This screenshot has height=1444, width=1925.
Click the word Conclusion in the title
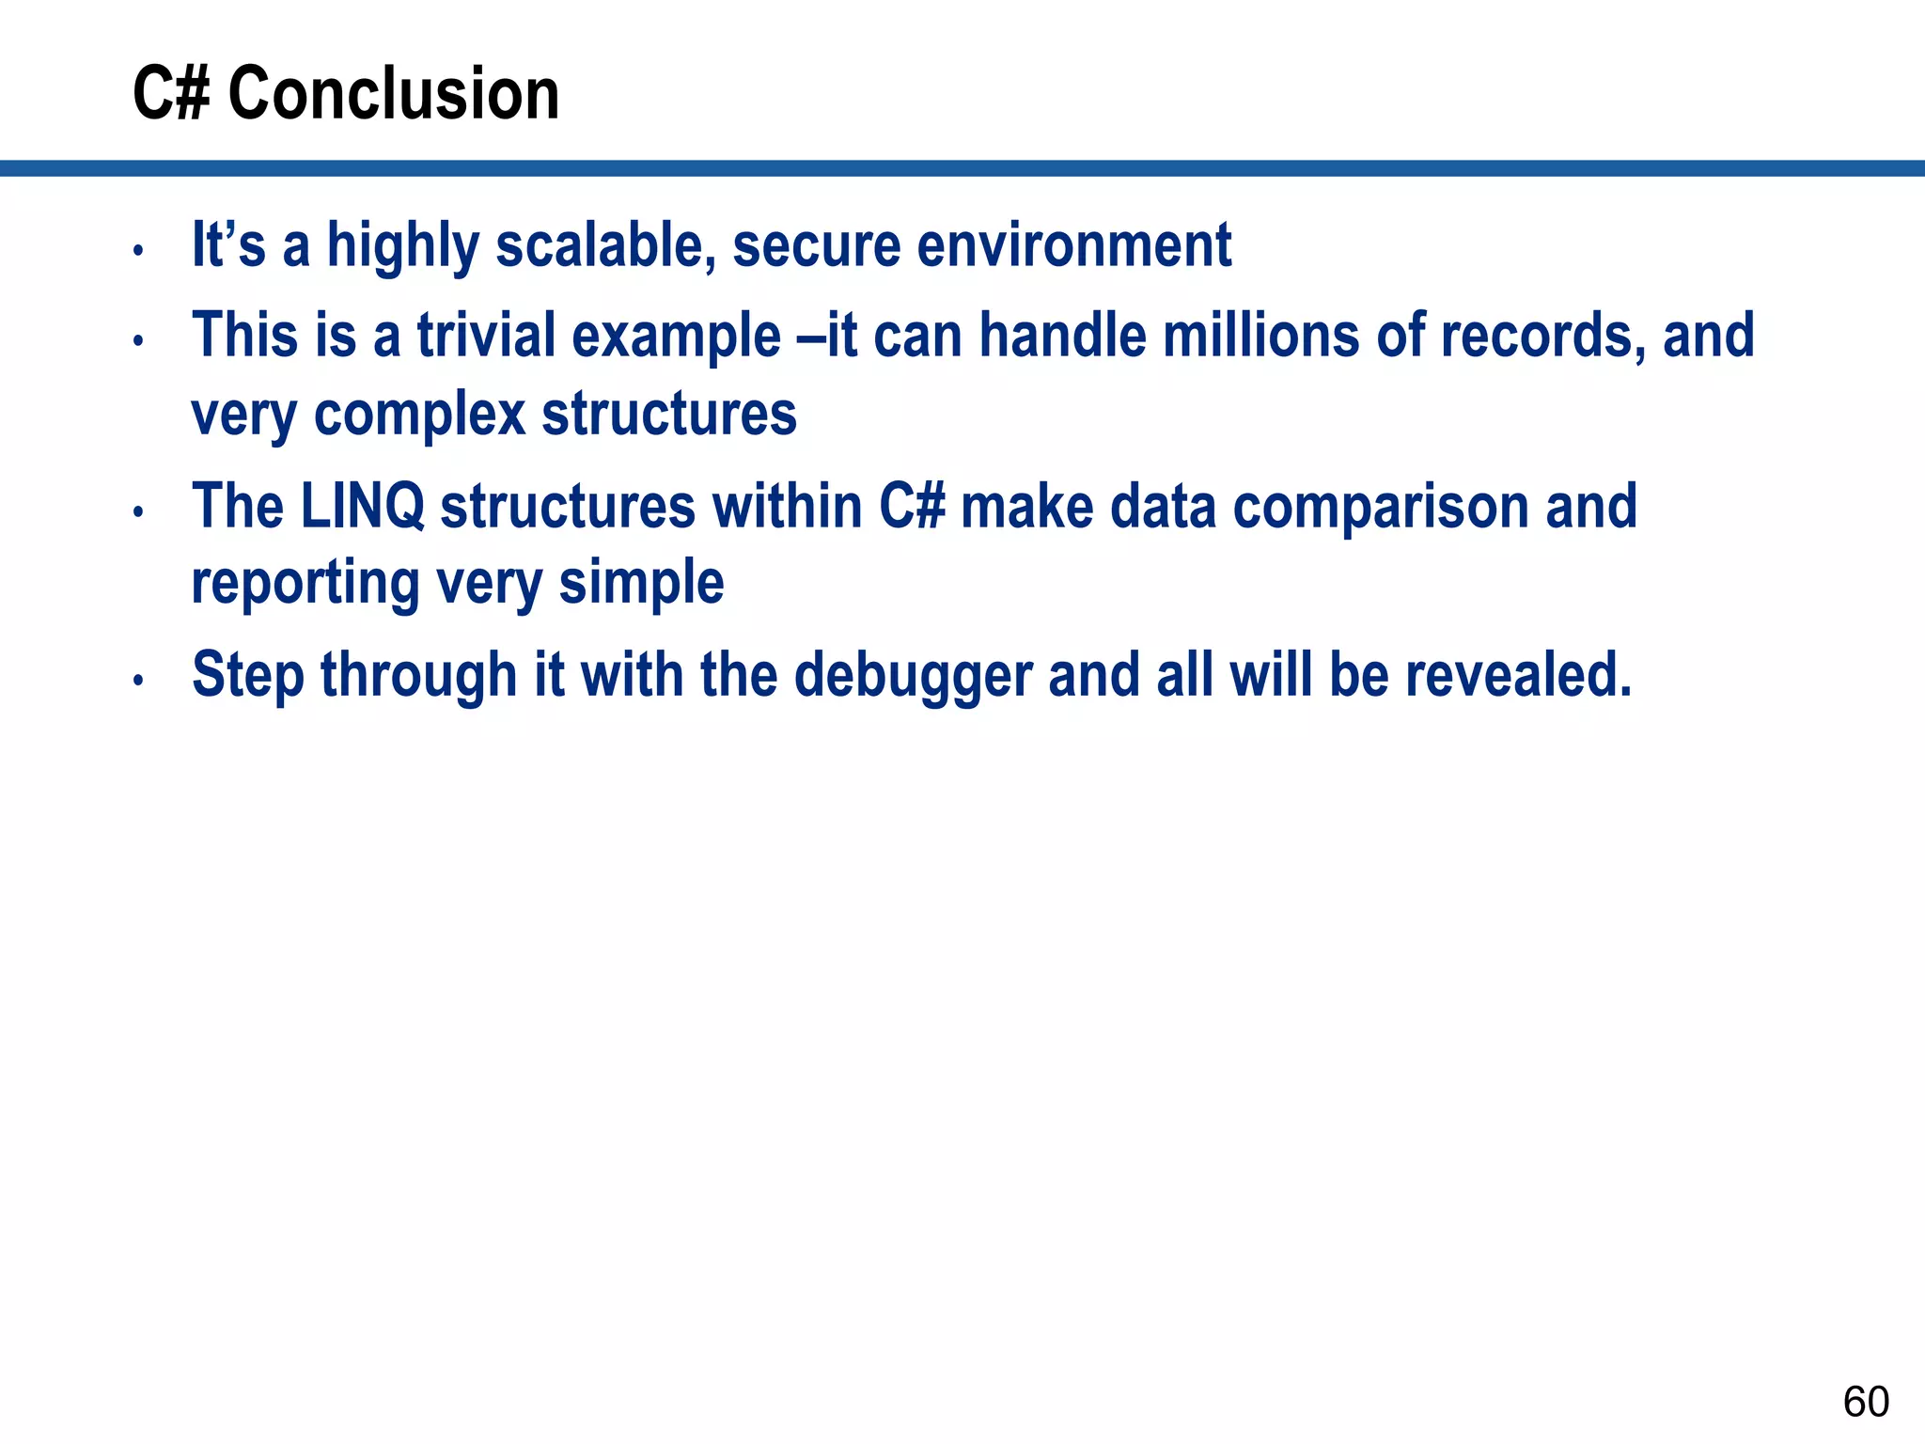coord(394,94)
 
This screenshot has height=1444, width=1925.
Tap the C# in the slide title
coord(170,94)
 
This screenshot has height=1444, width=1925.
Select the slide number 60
coord(1866,1402)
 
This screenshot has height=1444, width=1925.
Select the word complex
coord(419,416)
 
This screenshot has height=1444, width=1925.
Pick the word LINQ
coord(362,506)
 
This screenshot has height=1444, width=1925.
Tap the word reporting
coord(305,584)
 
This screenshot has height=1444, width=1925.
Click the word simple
coord(642,584)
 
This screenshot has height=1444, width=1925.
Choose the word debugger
coord(913,676)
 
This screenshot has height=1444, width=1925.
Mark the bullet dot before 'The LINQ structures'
coord(138,512)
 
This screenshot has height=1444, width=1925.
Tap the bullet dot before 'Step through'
coord(138,680)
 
